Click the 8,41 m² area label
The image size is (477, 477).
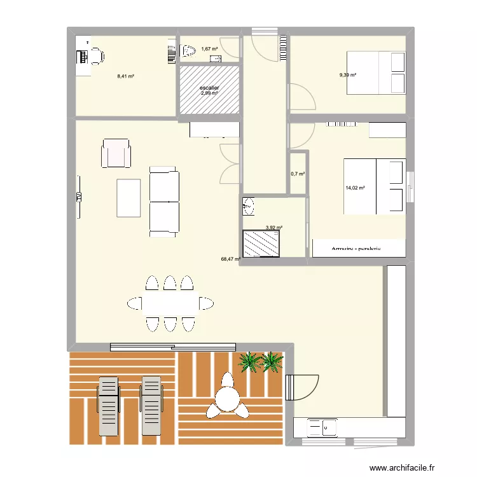(x=125, y=76)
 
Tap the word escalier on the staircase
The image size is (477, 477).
(x=209, y=88)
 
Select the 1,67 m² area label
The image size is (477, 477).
(x=209, y=49)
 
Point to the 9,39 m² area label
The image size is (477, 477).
(x=347, y=75)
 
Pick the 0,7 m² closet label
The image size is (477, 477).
(x=298, y=174)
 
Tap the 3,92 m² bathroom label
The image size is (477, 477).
(x=273, y=227)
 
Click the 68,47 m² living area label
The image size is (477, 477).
(x=230, y=259)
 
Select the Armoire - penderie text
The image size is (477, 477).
(x=356, y=249)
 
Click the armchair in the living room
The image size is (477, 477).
(x=116, y=154)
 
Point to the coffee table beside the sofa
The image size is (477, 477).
(x=128, y=198)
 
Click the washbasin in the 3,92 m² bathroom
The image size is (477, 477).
(x=249, y=205)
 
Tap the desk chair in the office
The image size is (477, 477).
(x=95, y=55)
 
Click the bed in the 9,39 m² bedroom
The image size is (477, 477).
(x=375, y=73)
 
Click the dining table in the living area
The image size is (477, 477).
(x=169, y=303)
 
